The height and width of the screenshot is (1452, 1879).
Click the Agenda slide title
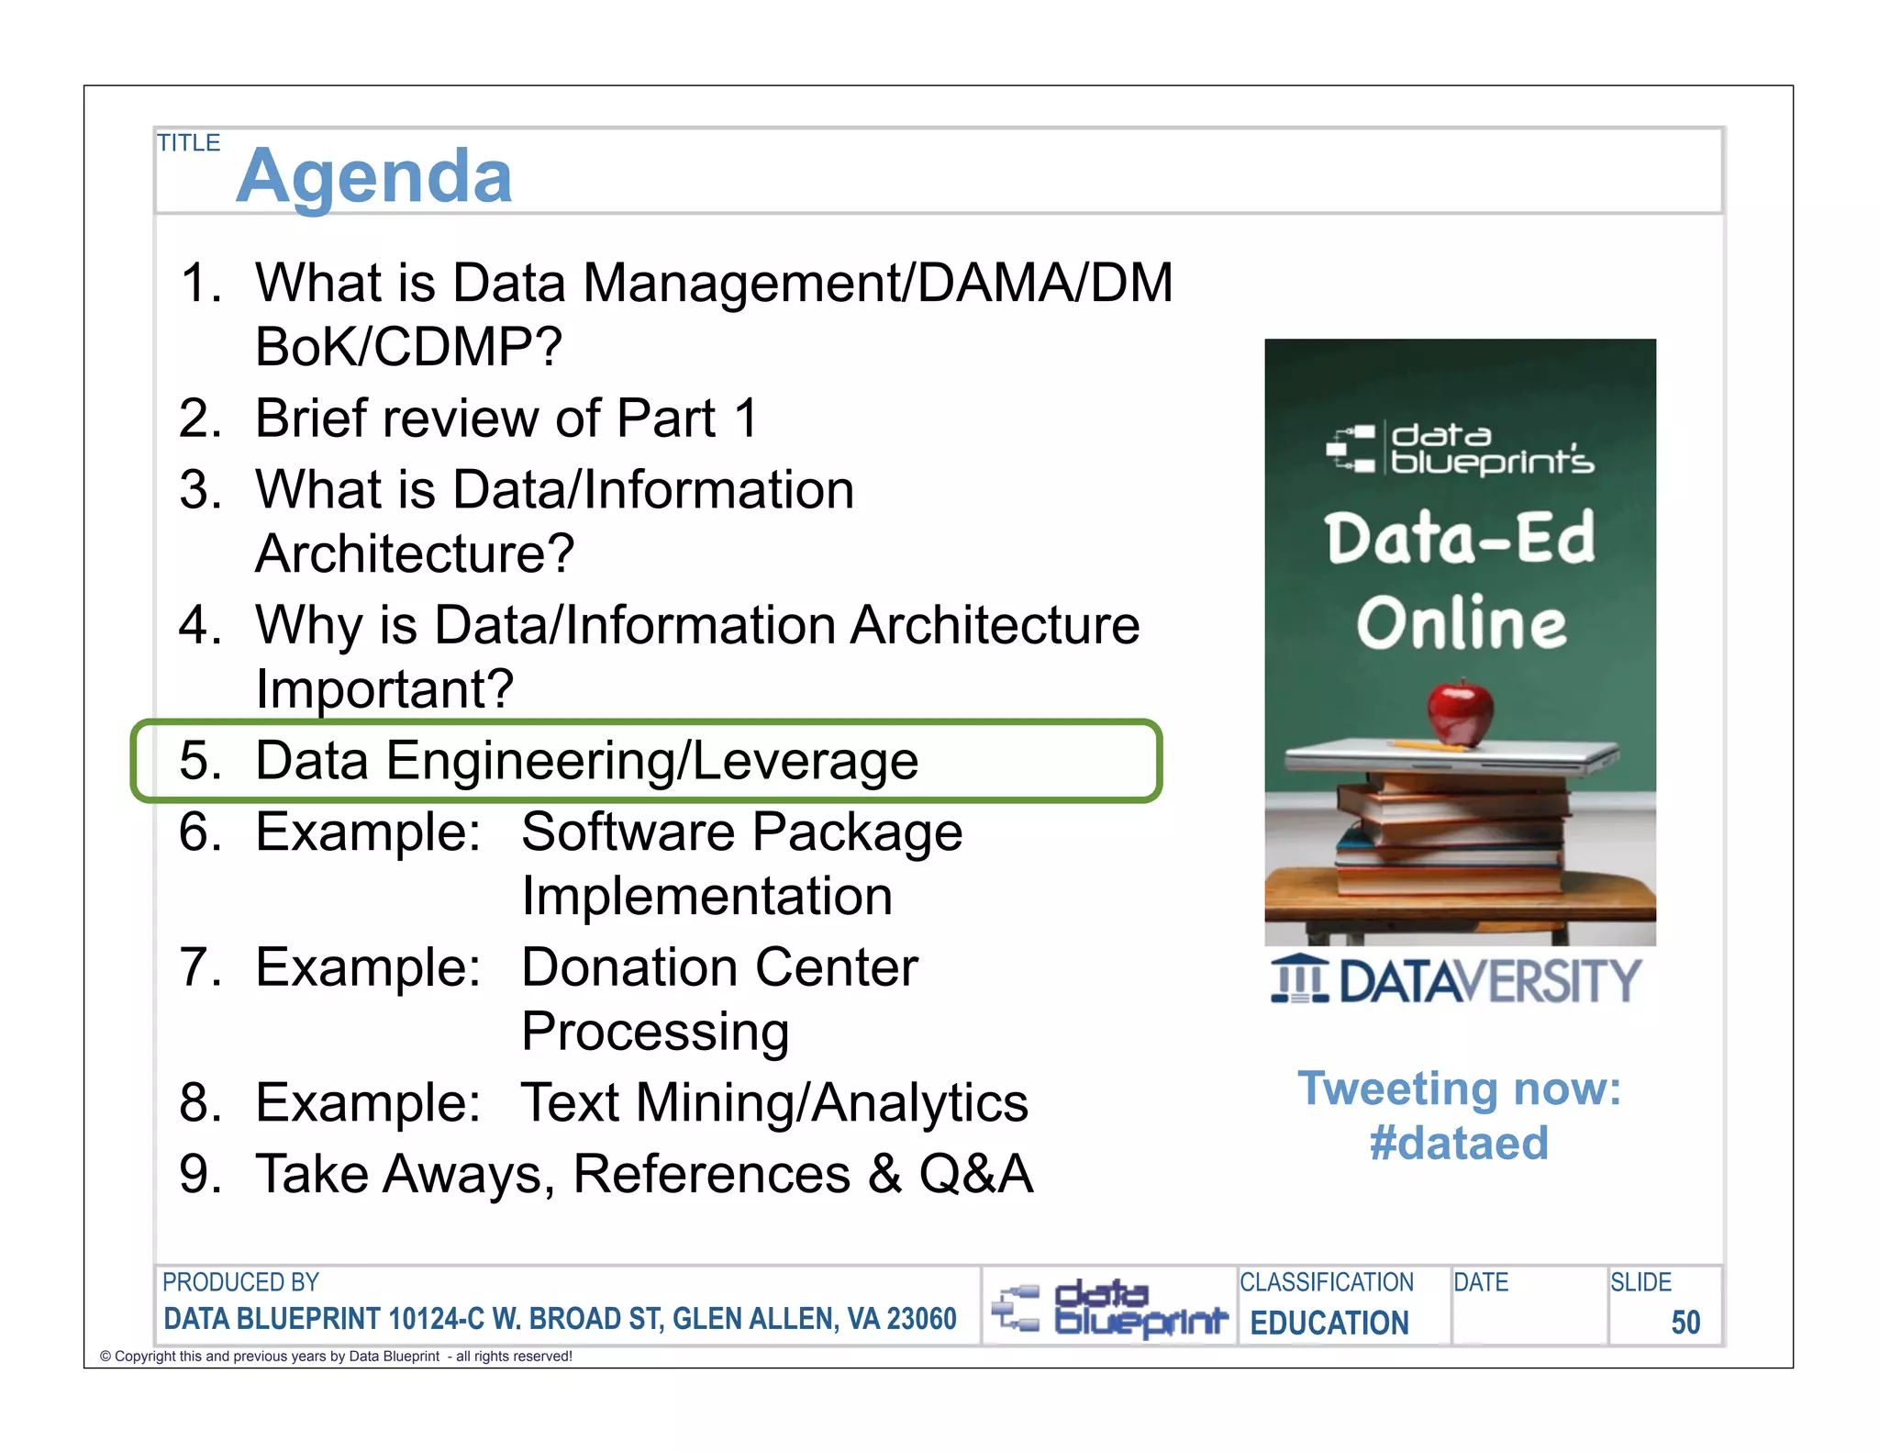pyautogui.click(x=373, y=176)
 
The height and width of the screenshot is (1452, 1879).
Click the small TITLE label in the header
pyautogui.click(x=188, y=143)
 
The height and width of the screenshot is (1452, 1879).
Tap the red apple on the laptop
pyautogui.click(x=1460, y=712)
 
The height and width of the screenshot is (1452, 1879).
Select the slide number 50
pyautogui.click(x=1684, y=1323)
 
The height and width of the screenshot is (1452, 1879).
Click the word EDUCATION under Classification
pyautogui.click(x=1329, y=1323)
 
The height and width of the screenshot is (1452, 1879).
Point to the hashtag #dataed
pyautogui.click(x=1459, y=1144)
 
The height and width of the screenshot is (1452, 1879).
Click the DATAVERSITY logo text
pyautogui.click(x=1488, y=981)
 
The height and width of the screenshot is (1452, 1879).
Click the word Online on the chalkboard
pyautogui.click(x=1462, y=623)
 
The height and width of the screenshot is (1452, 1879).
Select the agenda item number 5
pyautogui.click(x=200, y=761)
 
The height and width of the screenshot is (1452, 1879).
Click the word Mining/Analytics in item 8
pyautogui.click(x=831, y=1102)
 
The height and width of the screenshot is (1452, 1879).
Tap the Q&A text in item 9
pyautogui.click(x=976, y=1174)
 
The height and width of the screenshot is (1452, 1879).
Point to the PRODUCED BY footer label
pyautogui.click(x=240, y=1282)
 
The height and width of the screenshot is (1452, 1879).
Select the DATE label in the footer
pyautogui.click(x=1480, y=1282)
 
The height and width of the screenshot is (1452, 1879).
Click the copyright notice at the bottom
pyautogui.click(x=336, y=1357)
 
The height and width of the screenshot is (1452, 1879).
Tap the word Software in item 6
pyautogui.click(x=628, y=832)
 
